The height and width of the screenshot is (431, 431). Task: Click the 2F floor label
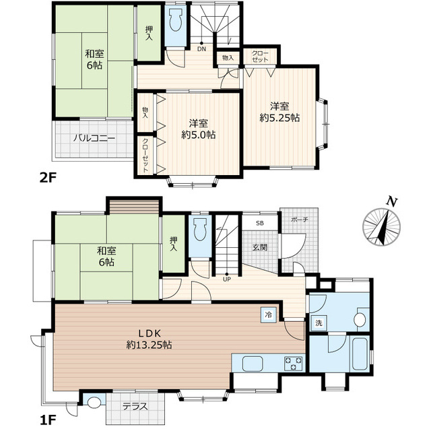[48, 178]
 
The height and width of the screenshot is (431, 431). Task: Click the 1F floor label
[48, 420]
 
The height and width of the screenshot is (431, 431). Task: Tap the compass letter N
[391, 202]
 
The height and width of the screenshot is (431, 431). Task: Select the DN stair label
[202, 49]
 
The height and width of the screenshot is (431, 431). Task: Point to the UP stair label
[227, 279]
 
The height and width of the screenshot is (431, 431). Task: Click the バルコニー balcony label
[94, 138]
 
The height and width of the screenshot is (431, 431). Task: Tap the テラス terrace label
[135, 406]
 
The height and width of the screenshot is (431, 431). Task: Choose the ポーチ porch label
[299, 220]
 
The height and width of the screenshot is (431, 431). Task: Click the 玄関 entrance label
[260, 247]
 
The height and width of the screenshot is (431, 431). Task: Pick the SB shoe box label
[260, 223]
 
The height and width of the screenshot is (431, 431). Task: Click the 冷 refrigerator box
[268, 315]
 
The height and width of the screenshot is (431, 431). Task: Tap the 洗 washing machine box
[319, 323]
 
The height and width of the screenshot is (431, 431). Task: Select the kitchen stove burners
[293, 364]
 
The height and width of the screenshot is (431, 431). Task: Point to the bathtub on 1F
[360, 354]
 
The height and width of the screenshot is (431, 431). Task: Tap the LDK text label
[150, 333]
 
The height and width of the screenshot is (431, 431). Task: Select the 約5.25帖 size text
[279, 118]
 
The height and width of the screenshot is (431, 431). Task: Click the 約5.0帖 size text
[198, 135]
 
